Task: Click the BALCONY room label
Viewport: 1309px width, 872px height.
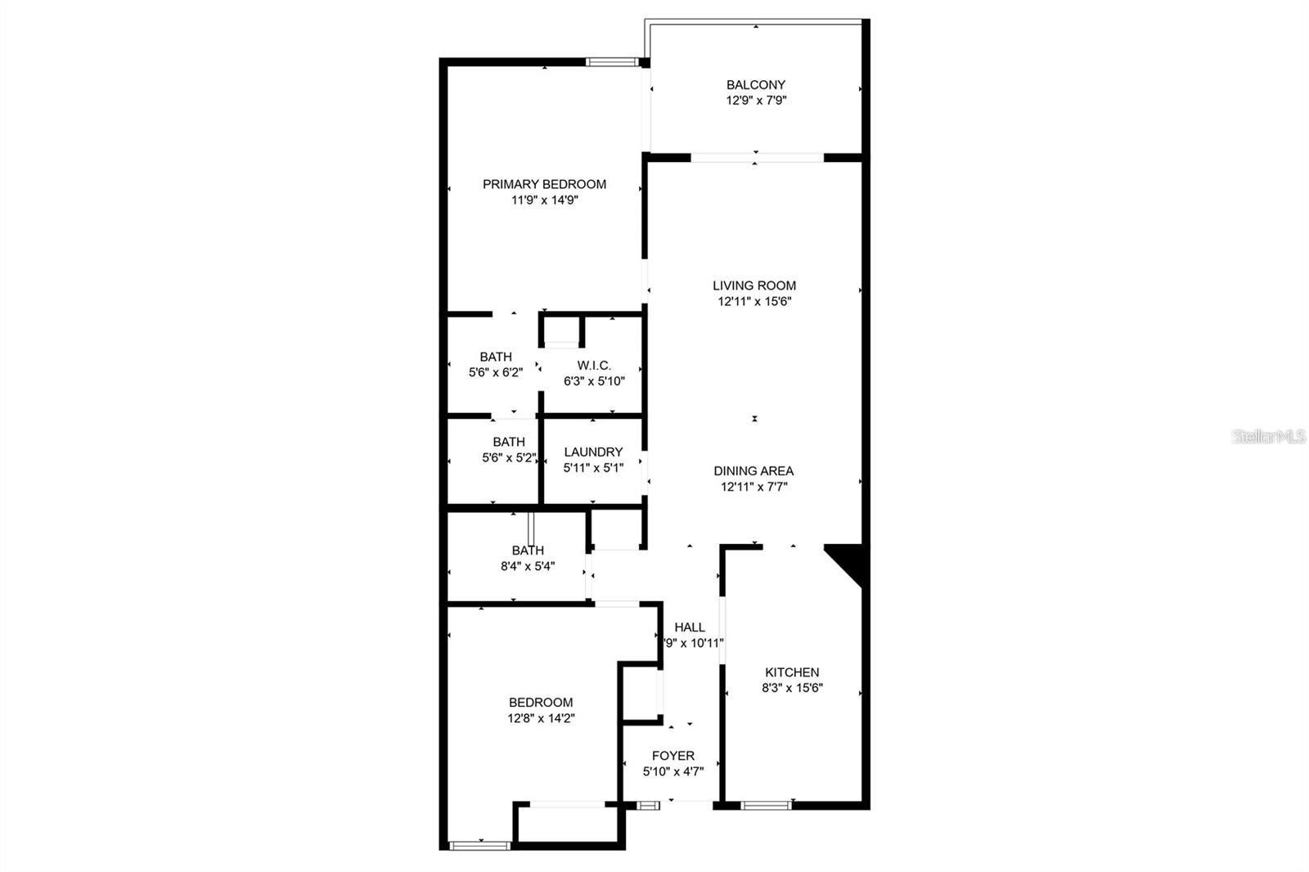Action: click(756, 85)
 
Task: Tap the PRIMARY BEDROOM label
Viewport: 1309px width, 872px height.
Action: click(544, 184)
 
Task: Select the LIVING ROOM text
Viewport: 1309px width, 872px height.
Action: click(753, 285)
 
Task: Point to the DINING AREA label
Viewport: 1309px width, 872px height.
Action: click(753, 470)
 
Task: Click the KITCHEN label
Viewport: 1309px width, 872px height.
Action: click(792, 672)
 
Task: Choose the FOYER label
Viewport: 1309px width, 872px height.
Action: click(673, 756)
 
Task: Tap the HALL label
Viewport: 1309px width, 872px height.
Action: click(690, 627)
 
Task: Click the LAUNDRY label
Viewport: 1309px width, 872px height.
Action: click(593, 452)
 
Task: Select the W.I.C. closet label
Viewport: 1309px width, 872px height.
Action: click(594, 366)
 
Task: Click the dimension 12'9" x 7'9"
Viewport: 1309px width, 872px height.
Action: click(756, 101)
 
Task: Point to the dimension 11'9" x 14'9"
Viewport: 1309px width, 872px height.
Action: click(544, 200)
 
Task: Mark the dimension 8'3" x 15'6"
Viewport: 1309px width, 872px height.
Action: click(792, 688)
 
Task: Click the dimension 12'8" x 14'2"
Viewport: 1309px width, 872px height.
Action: click(541, 718)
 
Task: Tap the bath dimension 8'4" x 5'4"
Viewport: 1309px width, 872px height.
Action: click(528, 566)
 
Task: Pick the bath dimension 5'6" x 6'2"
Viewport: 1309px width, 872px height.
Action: click(496, 372)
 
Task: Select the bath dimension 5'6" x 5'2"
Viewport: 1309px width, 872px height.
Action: click(508, 457)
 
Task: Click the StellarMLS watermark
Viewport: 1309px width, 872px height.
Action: click(1268, 436)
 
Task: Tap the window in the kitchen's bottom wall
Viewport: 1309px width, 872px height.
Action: click(766, 806)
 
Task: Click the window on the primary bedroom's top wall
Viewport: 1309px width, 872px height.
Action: click(612, 62)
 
